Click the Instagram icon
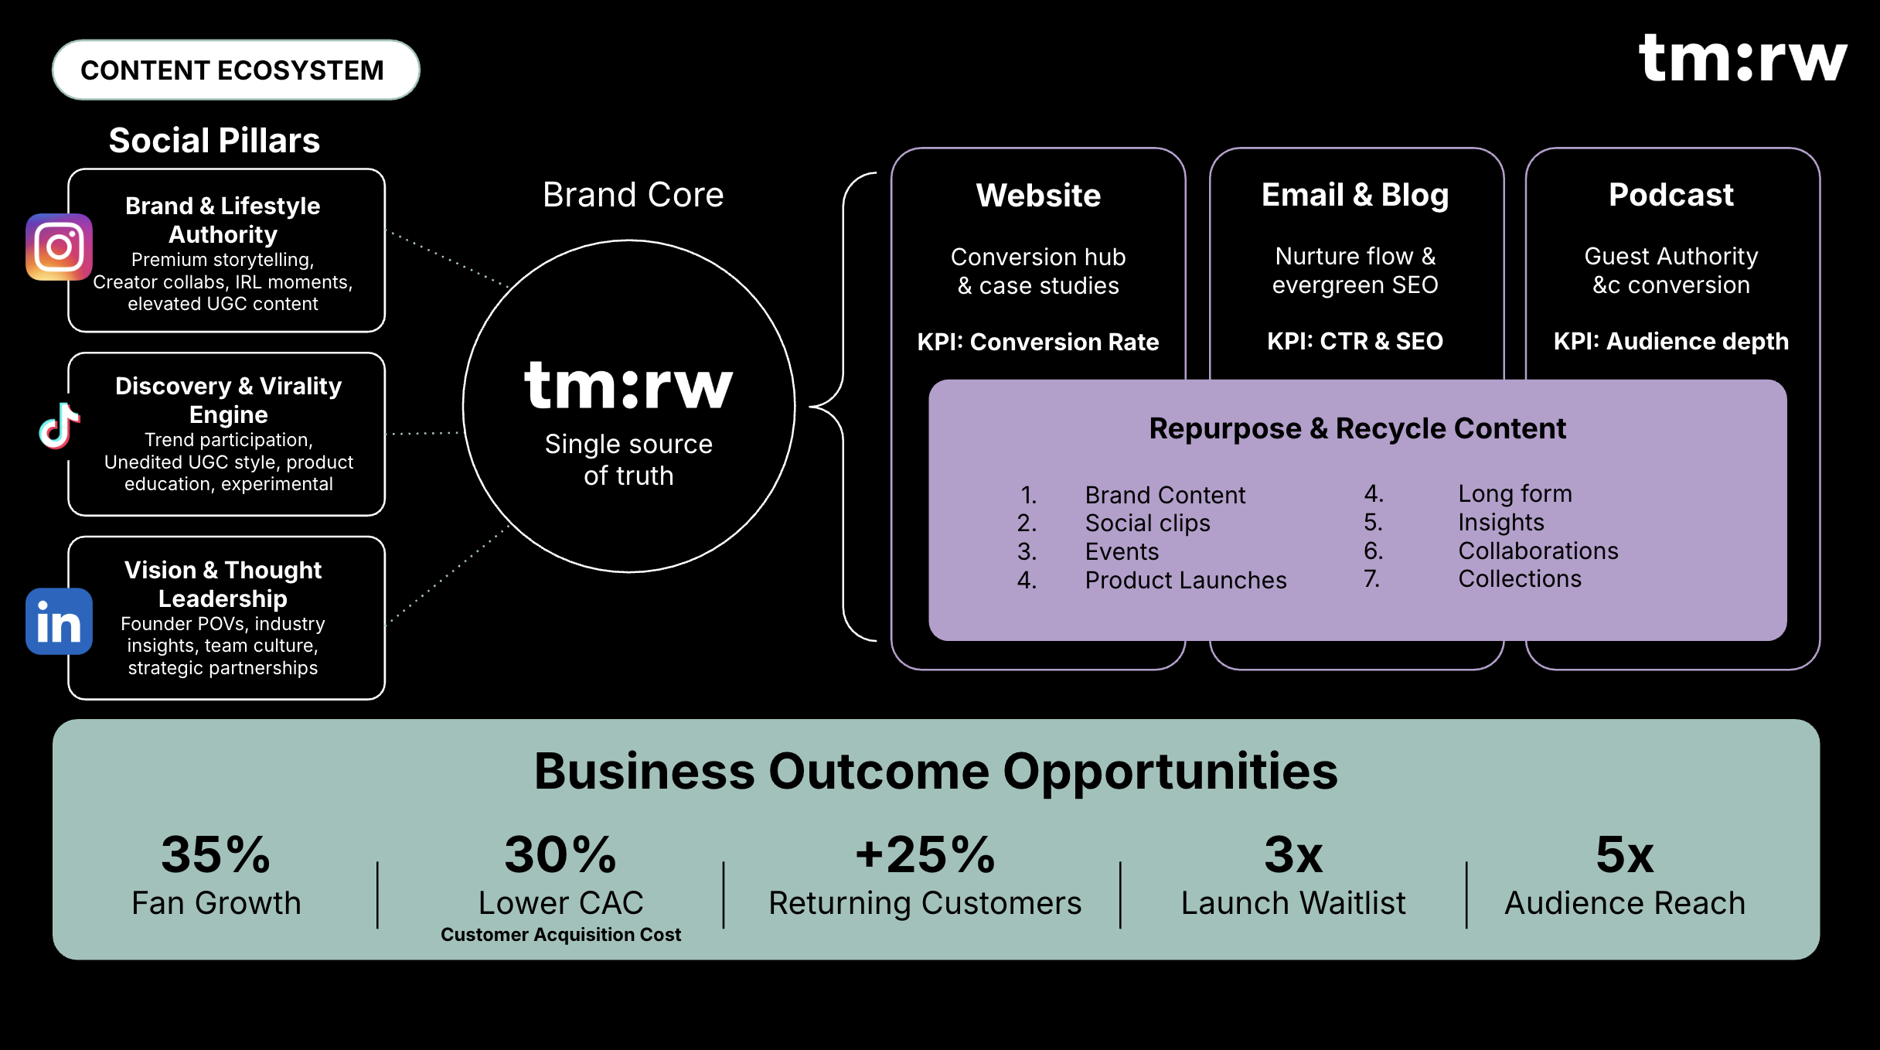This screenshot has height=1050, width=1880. [x=59, y=247]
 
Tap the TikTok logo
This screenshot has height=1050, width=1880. [x=60, y=426]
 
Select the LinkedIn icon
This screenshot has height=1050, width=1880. [x=59, y=622]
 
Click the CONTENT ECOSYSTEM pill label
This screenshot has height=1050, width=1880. [x=232, y=70]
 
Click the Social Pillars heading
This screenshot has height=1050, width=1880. [x=214, y=141]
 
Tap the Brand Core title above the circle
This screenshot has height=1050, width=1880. [x=633, y=195]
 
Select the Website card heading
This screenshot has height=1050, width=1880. [x=1038, y=195]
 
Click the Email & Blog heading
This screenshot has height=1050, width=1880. [x=1355, y=195]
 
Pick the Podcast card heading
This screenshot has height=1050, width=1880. [x=1671, y=195]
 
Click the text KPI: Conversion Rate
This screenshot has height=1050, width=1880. [x=1038, y=342]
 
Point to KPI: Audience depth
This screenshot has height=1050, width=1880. [x=1671, y=341]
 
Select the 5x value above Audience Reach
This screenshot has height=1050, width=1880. [x=1625, y=855]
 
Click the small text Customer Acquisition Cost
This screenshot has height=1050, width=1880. [x=561, y=935]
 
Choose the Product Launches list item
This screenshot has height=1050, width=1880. [x=1186, y=580]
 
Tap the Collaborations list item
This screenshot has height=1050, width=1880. [x=1538, y=551]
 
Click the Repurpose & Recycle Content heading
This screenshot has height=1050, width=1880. [x=1357, y=428]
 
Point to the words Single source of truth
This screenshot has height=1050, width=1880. [x=628, y=459]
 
